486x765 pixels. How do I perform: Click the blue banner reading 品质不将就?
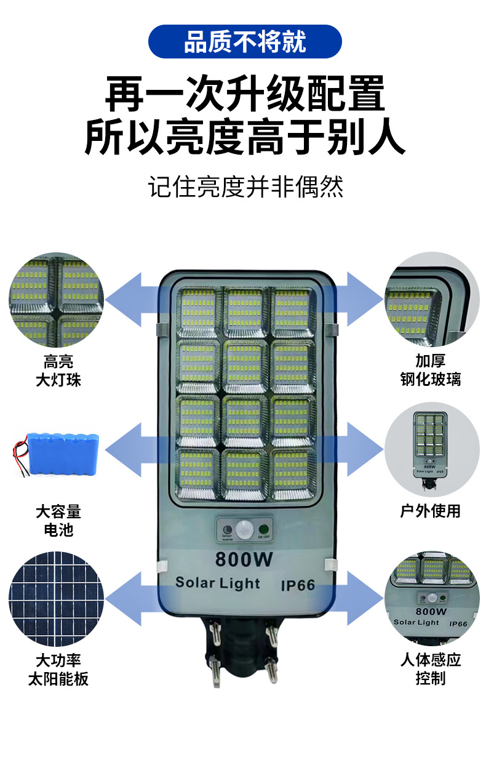244,42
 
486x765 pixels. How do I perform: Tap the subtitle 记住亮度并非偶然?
245,186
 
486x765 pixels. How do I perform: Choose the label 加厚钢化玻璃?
430,370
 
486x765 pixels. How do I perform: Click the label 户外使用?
430,511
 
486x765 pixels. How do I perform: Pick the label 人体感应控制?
430,669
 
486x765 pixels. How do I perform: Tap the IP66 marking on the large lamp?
298,585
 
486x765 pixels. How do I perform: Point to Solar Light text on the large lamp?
218,583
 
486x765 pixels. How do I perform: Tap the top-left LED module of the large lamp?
197,312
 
